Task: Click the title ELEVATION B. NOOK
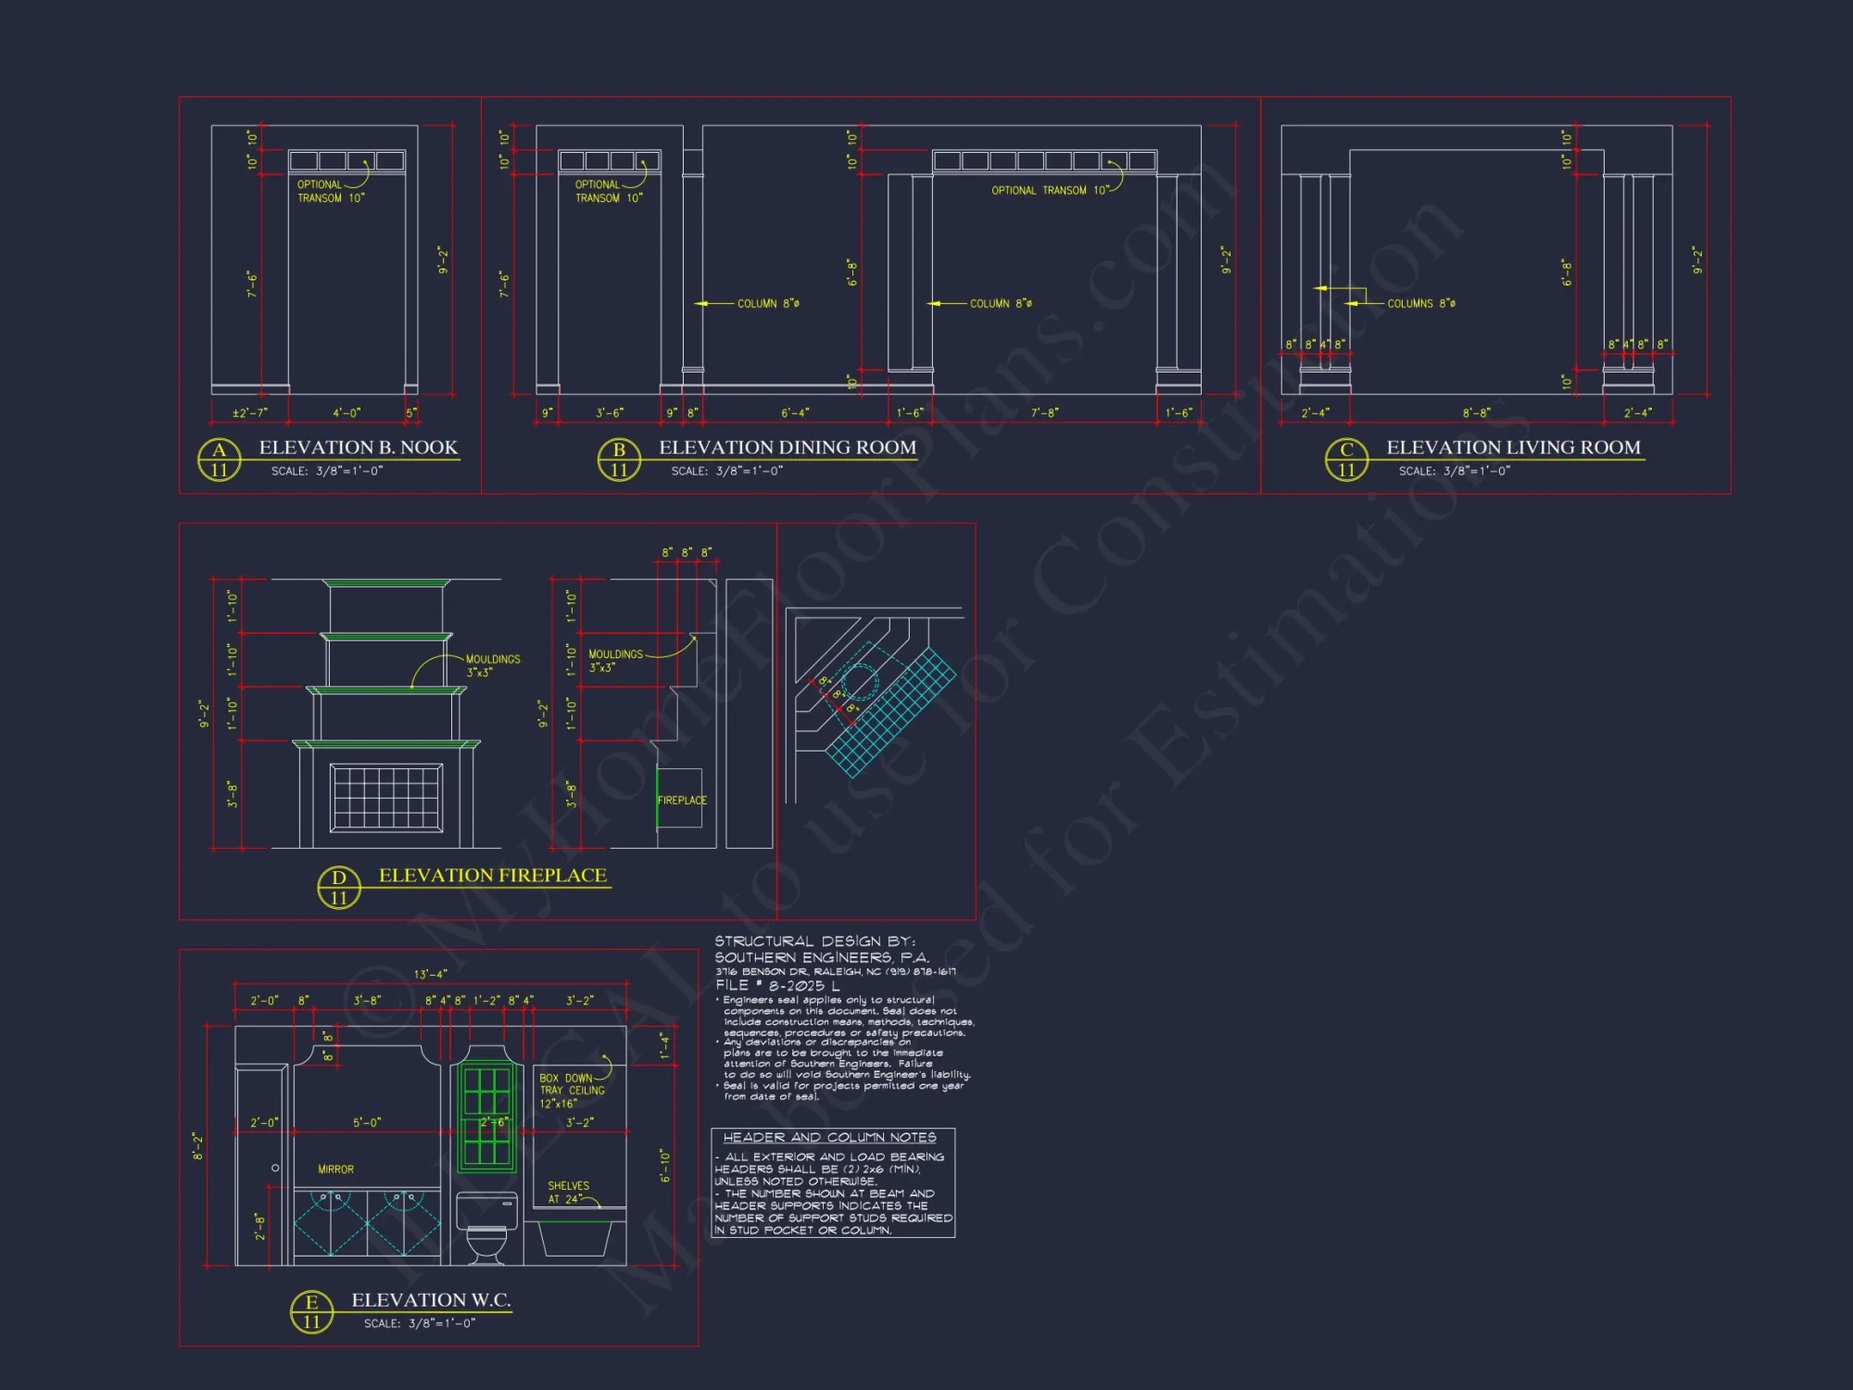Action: (358, 448)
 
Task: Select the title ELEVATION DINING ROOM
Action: (787, 448)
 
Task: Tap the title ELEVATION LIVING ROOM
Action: (1513, 448)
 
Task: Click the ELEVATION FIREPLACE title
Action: (492, 876)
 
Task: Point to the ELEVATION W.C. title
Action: (431, 1300)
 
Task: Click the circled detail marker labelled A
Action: (220, 460)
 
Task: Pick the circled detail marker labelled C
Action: (1346, 460)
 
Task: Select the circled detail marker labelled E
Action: (311, 1312)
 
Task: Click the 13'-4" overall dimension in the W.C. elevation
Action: (430, 974)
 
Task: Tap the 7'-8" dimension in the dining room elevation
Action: (1044, 412)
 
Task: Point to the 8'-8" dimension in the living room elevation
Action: (1476, 412)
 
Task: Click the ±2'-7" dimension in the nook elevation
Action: (249, 412)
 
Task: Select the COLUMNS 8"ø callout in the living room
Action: (1420, 304)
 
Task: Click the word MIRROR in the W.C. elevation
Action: (335, 1169)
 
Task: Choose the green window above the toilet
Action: (486, 1117)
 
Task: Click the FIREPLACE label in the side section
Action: (682, 801)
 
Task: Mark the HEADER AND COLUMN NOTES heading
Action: (829, 1137)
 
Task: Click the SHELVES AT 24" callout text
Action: (567, 1193)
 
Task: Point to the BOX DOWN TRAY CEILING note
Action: (572, 1091)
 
